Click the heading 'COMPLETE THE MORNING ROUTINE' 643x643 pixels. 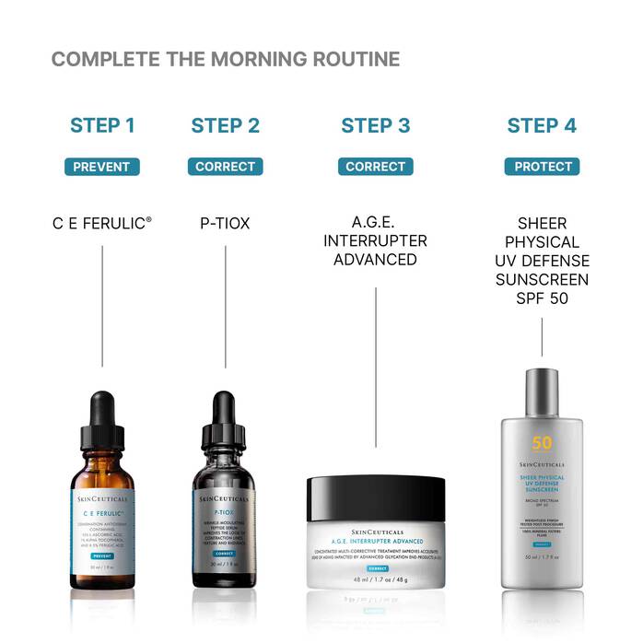(226, 60)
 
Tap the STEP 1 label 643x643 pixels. (102, 126)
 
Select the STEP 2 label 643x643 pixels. (226, 126)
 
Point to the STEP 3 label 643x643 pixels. (376, 126)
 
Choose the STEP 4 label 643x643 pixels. (542, 126)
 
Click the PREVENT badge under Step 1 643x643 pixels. (102, 167)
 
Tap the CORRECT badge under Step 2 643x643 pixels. (226, 167)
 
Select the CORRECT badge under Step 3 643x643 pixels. (376, 167)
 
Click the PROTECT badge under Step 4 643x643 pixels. (542, 167)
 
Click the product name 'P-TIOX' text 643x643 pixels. (226, 223)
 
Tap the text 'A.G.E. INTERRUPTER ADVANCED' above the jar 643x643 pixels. (376, 241)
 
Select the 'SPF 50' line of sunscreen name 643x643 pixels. (542, 297)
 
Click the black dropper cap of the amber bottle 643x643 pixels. (101, 424)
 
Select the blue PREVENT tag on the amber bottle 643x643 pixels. (101, 557)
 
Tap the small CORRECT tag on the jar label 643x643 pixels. (376, 569)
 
